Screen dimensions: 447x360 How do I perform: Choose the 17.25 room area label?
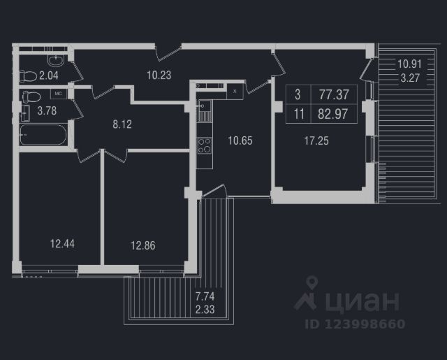click(316, 140)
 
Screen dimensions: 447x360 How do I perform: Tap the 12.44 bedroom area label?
click(63, 244)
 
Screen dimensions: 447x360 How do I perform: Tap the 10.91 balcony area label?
click(410, 64)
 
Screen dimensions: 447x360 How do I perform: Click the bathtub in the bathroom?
click(43, 135)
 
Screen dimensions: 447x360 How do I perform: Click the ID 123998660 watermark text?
click(355, 324)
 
